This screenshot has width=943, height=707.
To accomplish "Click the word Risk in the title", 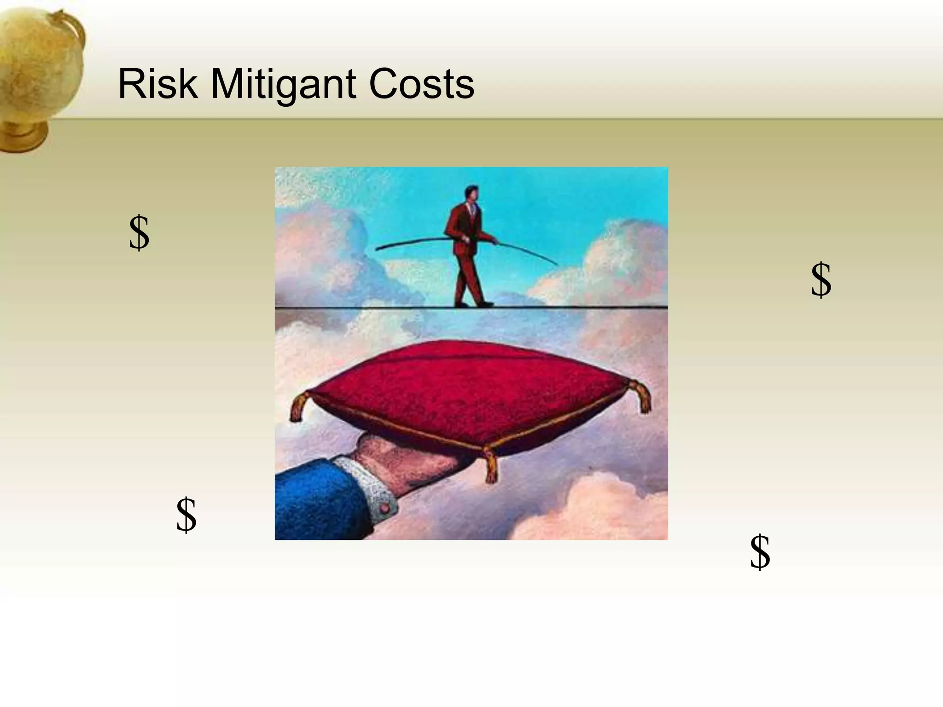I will [x=158, y=84].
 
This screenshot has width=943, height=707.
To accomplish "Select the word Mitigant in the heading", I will [x=283, y=85].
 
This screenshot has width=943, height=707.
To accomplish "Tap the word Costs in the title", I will [x=421, y=84].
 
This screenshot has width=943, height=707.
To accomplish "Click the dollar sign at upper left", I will [x=139, y=233].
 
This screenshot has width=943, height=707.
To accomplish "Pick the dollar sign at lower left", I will [x=186, y=515].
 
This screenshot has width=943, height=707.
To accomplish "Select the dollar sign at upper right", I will [x=821, y=280].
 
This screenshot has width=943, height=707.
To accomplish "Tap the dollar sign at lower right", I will [x=760, y=552].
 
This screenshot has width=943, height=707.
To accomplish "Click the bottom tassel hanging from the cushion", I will [x=491, y=467].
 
